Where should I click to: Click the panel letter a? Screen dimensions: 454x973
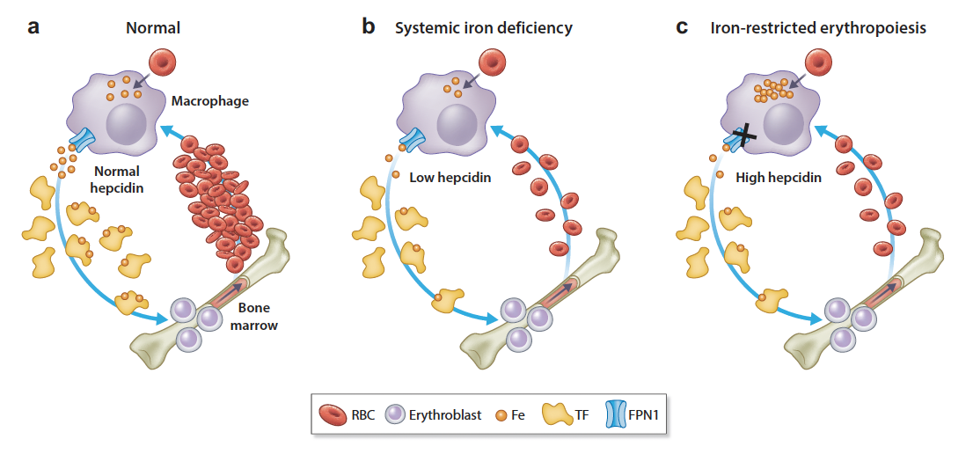click(x=33, y=26)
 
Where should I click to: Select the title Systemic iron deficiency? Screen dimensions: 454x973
click(x=483, y=28)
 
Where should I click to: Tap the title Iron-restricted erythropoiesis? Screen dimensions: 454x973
click(x=818, y=28)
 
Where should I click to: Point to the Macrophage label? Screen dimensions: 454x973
click(x=210, y=101)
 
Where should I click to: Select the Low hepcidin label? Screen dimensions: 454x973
click(x=450, y=178)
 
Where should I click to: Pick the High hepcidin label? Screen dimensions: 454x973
click(x=778, y=178)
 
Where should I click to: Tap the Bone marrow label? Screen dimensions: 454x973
click(x=258, y=316)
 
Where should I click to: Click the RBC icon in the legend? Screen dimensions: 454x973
click(x=334, y=414)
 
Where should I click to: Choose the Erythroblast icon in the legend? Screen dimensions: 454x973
click(x=395, y=414)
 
